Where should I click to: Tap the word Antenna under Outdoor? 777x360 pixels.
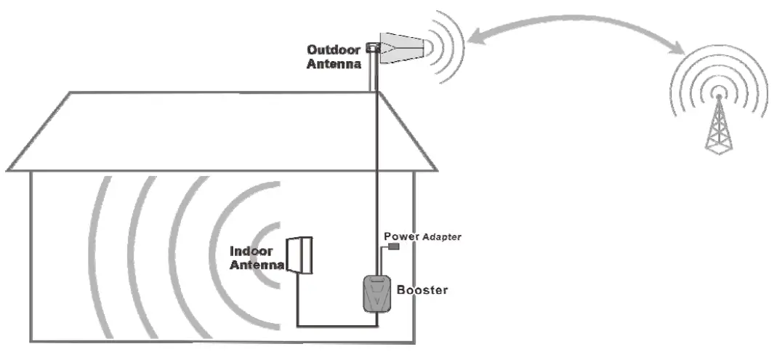point(333,64)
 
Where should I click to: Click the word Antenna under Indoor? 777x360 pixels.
point(257,265)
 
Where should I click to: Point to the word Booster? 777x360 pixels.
point(422,291)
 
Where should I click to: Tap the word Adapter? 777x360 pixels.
point(438,237)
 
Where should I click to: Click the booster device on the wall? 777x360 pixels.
point(376,295)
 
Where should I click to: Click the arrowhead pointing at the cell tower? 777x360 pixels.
point(678,48)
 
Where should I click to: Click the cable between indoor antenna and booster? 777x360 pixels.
point(327,325)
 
